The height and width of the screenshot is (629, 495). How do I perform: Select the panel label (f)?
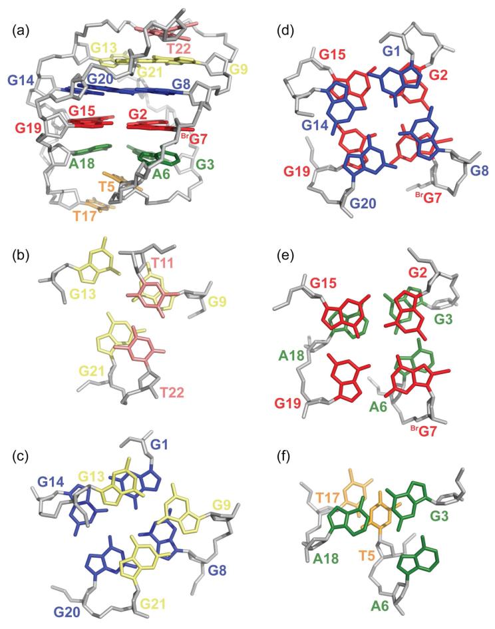tap(275, 457)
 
